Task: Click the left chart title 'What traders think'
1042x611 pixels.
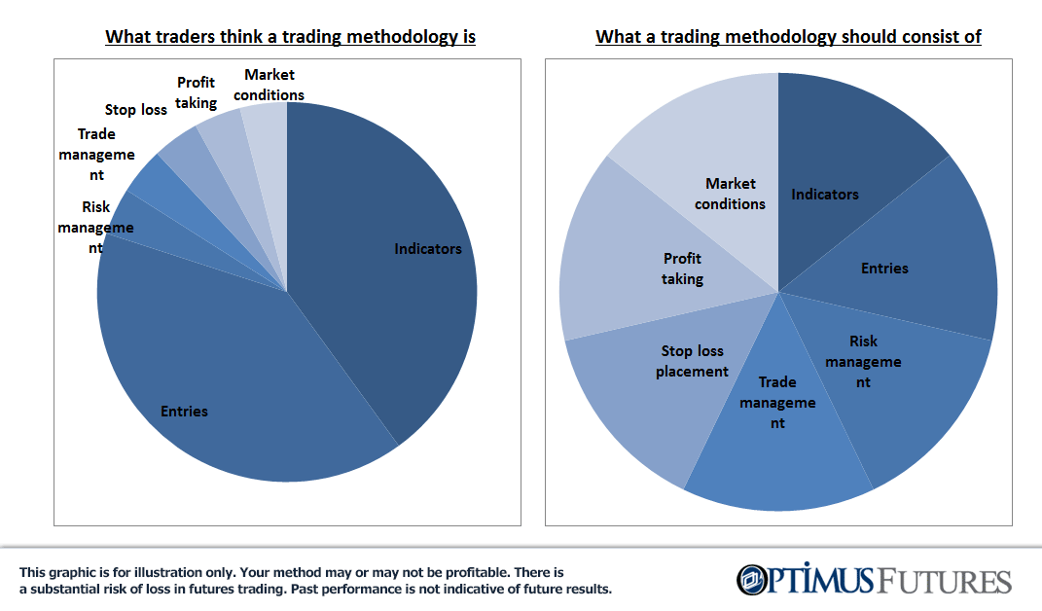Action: click(x=185, y=37)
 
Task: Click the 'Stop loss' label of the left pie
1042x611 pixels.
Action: click(x=135, y=110)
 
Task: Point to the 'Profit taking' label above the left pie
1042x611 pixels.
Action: click(x=196, y=92)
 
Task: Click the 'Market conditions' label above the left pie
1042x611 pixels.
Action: click(x=269, y=85)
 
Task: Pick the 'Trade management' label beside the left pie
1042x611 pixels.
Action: click(x=96, y=155)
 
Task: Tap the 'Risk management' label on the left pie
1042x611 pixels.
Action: click(x=95, y=228)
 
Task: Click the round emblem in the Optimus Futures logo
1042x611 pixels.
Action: click(x=752, y=579)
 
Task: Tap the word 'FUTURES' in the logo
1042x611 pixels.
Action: click(x=943, y=581)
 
